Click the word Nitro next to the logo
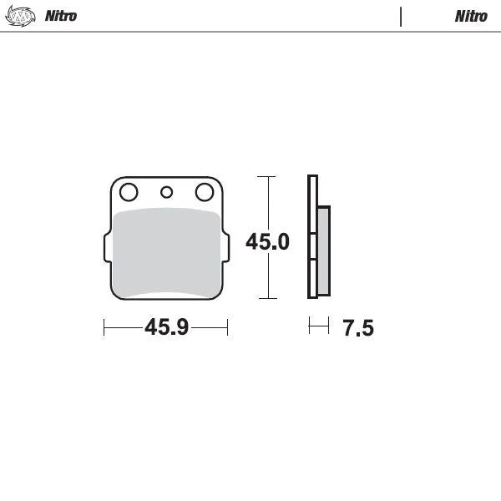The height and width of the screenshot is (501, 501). point(60,16)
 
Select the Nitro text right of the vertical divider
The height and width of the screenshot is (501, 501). point(471,16)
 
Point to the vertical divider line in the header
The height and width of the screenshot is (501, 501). point(402,17)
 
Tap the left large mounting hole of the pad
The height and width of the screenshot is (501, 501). point(128,193)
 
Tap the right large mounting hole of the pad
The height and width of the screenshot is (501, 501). point(204,193)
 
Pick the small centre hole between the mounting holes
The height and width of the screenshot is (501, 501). point(166,193)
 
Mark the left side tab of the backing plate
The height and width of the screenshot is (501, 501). point(106,248)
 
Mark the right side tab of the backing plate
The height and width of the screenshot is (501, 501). point(225,248)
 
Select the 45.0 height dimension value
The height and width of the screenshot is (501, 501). point(267,242)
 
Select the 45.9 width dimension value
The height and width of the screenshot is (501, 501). point(165,327)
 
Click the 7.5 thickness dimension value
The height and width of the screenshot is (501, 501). point(357,328)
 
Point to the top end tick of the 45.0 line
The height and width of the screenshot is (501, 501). point(266,177)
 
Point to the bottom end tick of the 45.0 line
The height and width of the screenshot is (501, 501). point(266,298)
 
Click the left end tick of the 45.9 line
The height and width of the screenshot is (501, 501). point(104,327)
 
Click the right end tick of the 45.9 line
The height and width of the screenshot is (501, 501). point(227,327)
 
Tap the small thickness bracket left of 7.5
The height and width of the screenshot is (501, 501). point(318,326)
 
